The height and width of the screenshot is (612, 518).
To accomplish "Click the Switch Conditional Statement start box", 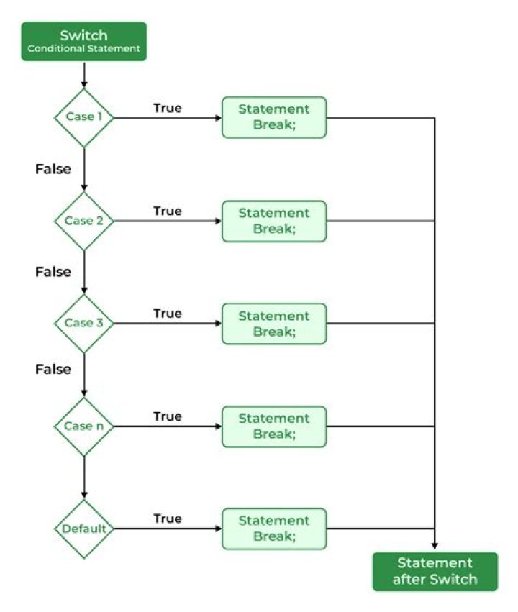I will (83, 41).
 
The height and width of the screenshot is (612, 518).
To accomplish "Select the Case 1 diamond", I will (84, 117).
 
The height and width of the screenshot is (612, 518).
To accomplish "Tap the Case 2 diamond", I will (84, 221).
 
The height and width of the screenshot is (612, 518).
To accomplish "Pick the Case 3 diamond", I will (84, 323).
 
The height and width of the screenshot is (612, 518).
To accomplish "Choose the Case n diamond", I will (84, 426).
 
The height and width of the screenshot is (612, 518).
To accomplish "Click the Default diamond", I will (84, 529).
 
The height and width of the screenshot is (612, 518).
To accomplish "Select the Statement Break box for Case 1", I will (273, 117).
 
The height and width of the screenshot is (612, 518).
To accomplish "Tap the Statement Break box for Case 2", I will (273, 221).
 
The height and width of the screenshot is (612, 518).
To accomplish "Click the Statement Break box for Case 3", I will (273, 323).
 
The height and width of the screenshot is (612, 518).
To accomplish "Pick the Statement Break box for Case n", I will (273, 426).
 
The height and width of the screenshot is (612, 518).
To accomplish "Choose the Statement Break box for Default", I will (273, 529).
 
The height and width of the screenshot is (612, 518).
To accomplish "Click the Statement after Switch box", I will (435, 571).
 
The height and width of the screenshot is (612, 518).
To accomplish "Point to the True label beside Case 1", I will (167, 108).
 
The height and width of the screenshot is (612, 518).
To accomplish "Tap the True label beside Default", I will (167, 519).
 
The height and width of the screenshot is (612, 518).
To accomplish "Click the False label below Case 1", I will (53, 169).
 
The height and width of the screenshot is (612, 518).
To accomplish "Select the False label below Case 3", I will (53, 369).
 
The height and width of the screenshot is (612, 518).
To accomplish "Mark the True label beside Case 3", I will (167, 314).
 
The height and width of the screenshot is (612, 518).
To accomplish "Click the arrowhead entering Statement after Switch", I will (435, 547).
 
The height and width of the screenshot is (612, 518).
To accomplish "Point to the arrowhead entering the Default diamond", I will (84, 495).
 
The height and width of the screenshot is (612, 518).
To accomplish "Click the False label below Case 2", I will (53, 272).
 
